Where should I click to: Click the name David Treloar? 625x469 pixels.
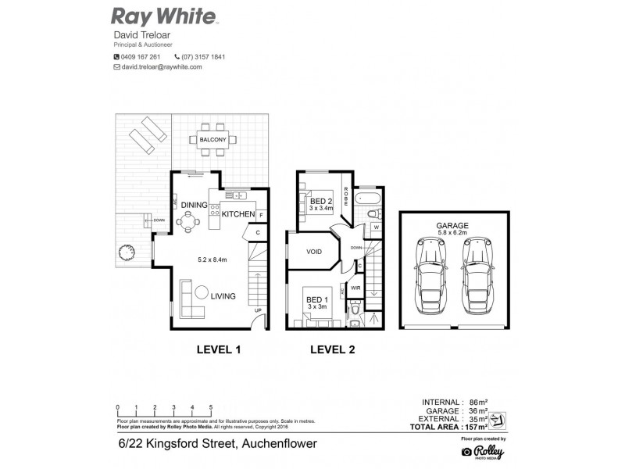(x=143, y=36)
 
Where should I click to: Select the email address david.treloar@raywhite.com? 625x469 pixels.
(x=162, y=67)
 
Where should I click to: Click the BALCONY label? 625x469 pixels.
(x=212, y=139)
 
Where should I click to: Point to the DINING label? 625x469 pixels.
(x=194, y=205)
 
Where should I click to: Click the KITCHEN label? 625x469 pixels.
(x=237, y=213)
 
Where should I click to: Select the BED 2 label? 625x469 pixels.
(x=321, y=201)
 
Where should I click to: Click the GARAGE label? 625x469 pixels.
(x=452, y=225)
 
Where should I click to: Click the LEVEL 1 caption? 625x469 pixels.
(x=218, y=349)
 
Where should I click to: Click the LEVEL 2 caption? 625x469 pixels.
(x=332, y=349)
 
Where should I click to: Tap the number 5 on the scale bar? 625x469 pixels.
(x=212, y=408)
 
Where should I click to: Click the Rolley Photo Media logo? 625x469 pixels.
(x=484, y=451)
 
